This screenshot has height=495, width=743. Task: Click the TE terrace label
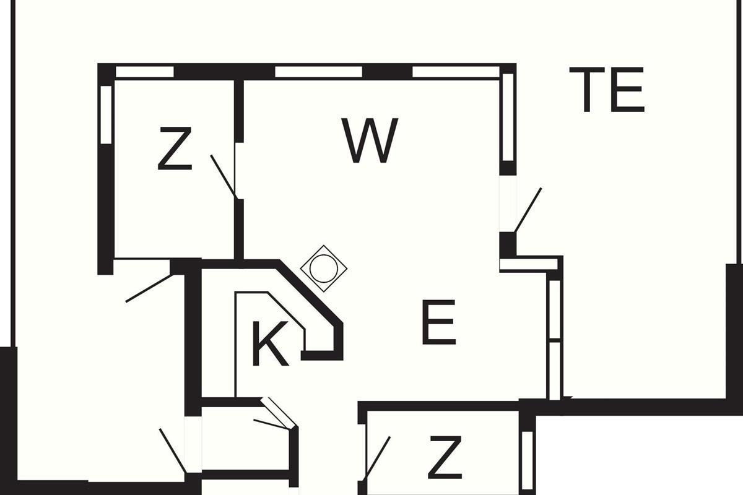click(607, 90)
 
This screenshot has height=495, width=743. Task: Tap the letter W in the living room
click(370, 140)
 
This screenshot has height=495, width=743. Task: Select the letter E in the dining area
click(438, 322)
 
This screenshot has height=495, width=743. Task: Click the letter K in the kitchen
click(270, 343)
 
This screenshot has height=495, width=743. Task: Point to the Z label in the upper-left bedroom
click(175, 148)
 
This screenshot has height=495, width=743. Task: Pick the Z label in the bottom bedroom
click(445, 457)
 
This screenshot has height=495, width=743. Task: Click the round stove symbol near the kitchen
click(324, 269)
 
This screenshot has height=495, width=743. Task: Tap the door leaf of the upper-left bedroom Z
click(224, 177)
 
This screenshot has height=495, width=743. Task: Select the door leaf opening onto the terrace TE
click(528, 210)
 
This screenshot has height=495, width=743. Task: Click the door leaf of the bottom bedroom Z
click(378, 459)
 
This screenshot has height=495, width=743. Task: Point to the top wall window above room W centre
click(318, 72)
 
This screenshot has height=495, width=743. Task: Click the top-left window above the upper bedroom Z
click(145, 72)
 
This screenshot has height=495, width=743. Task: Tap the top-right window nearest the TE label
click(456, 72)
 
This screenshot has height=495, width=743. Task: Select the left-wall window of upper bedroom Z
click(106, 114)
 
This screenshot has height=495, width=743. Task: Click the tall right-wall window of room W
click(508, 118)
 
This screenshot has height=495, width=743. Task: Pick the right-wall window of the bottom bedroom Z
click(528, 460)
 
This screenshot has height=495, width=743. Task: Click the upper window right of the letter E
click(555, 309)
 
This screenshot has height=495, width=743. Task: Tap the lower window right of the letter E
click(555, 371)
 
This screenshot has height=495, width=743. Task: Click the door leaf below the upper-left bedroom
click(149, 288)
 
